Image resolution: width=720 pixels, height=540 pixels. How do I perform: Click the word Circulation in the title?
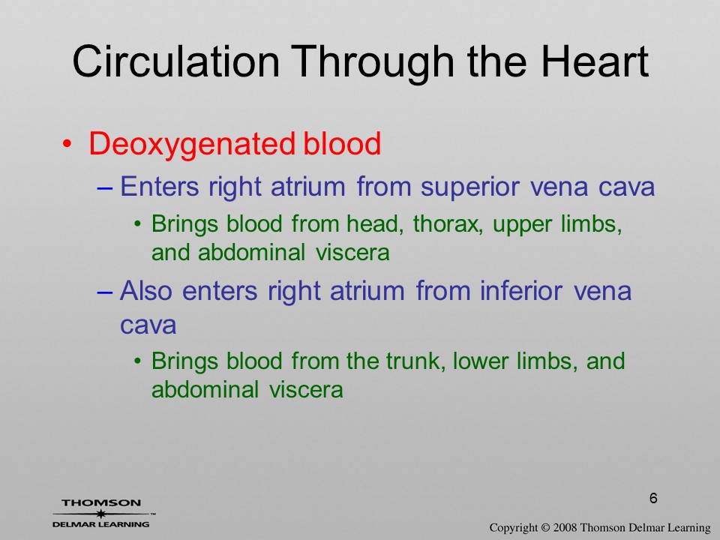pos(175,61)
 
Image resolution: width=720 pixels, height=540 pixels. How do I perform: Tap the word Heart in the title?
pos(595,61)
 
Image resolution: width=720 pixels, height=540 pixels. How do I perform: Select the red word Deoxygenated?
pos(190,144)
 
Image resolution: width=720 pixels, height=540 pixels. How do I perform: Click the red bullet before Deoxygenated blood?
pos(67,144)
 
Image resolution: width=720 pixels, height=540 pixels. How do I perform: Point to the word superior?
pos(469,187)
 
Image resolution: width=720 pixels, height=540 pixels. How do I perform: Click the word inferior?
pos(521,291)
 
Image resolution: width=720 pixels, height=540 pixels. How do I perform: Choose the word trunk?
pos(415,361)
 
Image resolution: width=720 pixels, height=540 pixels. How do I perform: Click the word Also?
pos(146,291)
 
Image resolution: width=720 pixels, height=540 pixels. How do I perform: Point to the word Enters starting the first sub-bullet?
pos(159,187)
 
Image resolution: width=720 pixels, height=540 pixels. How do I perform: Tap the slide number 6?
pos(653,498)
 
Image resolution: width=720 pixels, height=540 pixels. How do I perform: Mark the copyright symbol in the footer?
pos(545,527)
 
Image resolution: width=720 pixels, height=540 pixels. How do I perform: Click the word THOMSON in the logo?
pos(101,502)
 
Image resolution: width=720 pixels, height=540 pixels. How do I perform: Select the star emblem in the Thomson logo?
pos(101,514)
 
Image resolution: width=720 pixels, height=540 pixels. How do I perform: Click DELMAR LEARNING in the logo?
pos(101,524)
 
